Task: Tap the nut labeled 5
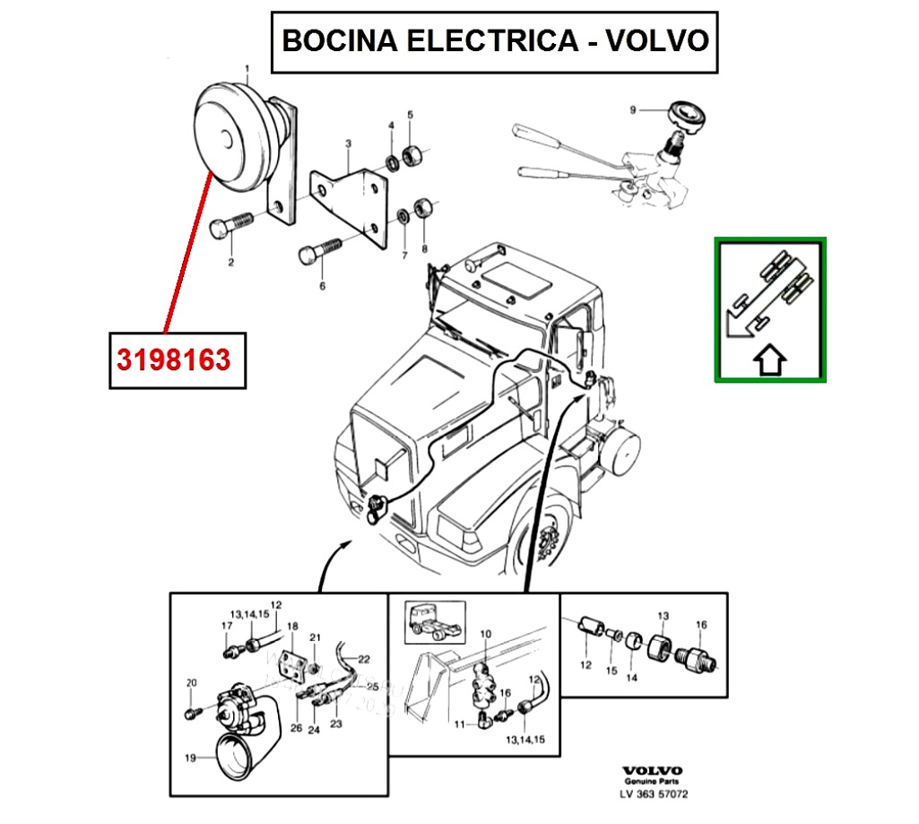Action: [413, 154]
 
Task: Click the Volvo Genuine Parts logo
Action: [652, 775]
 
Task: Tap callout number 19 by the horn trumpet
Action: [190, 758]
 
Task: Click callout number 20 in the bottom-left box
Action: [190, 683]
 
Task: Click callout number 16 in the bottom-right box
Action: [702, 624]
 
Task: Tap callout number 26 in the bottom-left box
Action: [297, 728]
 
